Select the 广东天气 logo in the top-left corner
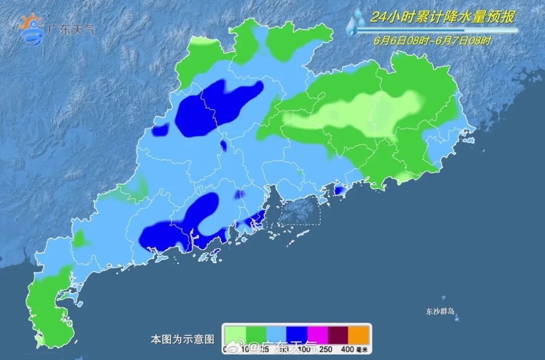56,30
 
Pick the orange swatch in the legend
359,335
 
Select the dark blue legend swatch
297,335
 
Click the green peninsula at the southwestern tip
50,308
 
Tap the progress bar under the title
437,31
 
